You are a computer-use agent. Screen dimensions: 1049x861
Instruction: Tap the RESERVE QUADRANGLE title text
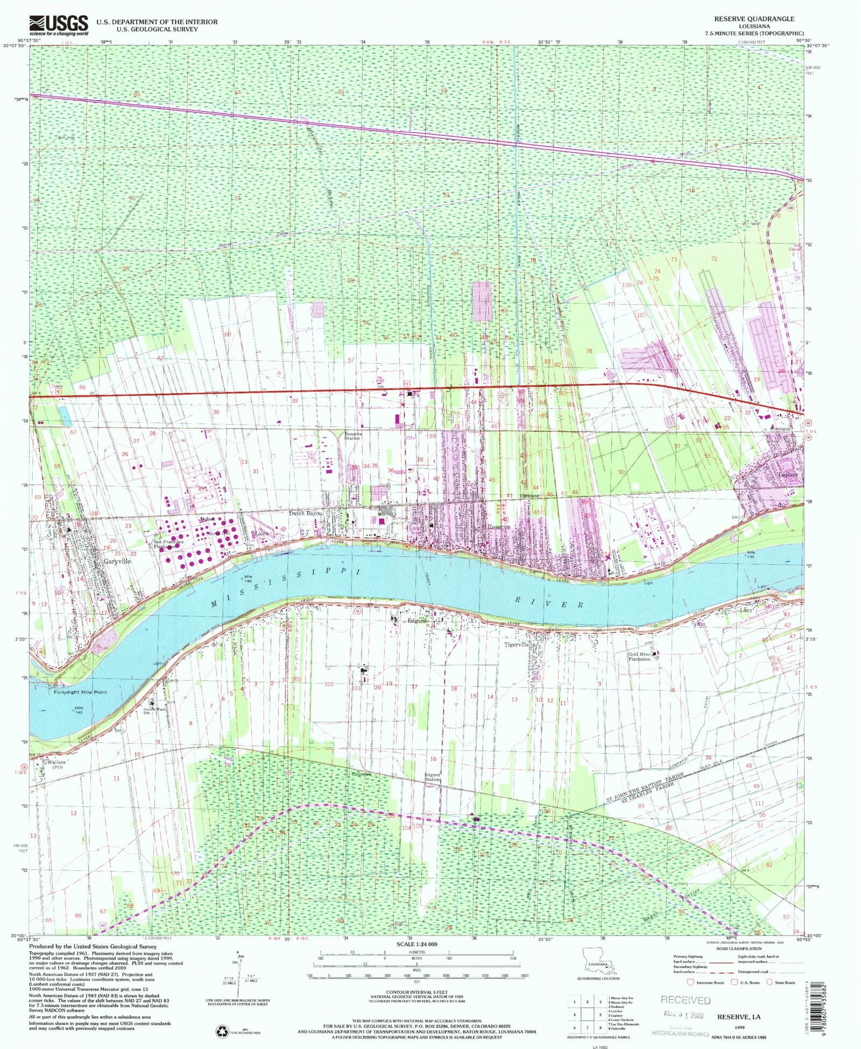coord(754,19)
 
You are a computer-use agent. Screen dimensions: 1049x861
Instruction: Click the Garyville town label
coord(117,561)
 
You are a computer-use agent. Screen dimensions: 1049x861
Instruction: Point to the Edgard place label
coord(417,620)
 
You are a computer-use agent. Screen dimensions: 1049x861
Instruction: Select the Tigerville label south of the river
coord(517,644)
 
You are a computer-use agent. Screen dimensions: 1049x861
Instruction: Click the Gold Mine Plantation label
coord(639,656)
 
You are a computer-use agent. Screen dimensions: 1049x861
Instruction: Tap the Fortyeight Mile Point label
coord(80,692)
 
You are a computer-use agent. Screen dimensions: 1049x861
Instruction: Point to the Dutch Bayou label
coord(306,513)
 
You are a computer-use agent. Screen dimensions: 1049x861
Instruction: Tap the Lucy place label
coord(745,610)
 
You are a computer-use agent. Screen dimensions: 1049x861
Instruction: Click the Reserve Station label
coord(353,436)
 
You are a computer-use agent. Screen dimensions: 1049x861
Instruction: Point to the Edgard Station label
coord(432,777)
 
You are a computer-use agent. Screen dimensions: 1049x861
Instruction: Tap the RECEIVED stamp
coord(685,1000)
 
